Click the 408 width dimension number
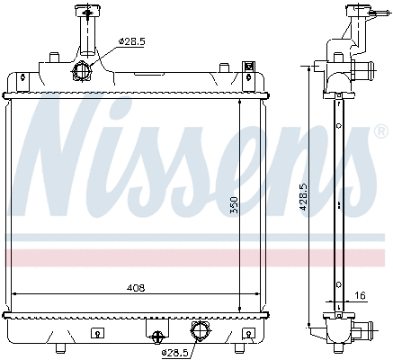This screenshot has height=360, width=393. coord(136,288)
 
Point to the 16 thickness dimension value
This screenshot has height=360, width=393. coord(360,295)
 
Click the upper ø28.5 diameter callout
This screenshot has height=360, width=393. coord(132,41)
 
